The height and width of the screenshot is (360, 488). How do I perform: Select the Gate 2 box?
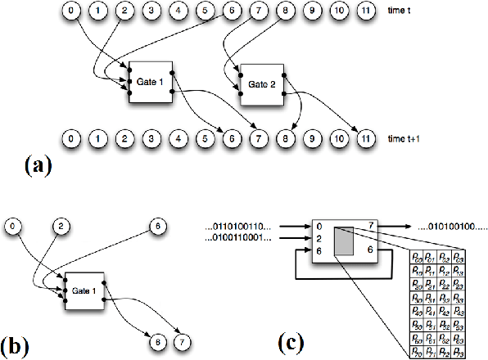[261, 83]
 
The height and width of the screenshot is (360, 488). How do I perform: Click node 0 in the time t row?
[71, 11]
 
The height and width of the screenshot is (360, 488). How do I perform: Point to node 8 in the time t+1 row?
[285, 140]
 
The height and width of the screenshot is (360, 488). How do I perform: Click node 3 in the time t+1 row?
[151, 140]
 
